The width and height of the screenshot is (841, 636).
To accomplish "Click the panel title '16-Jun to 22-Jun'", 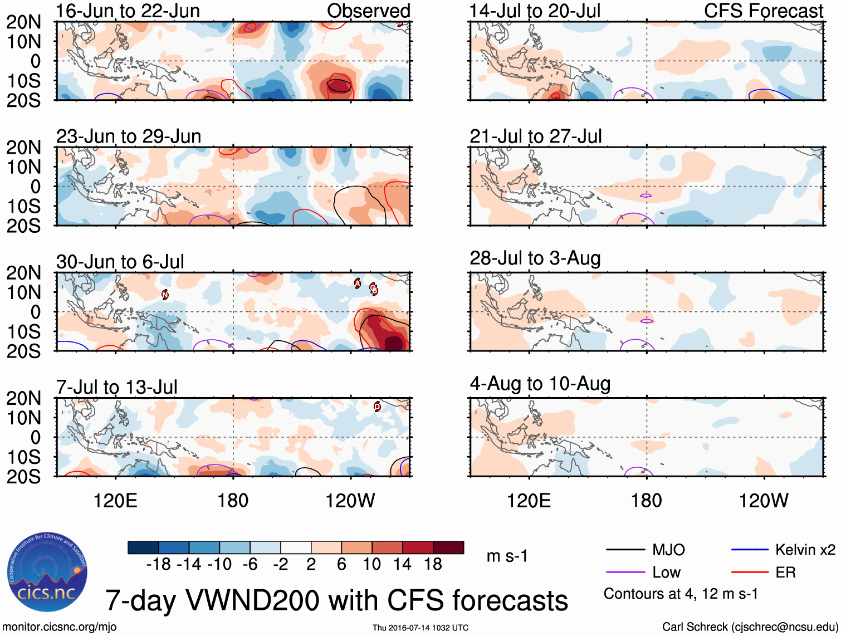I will tap(128, 11).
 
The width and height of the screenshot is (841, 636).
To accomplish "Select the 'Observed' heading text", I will tap(368, 11).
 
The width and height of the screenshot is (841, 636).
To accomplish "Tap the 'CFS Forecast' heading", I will tap(763, 11).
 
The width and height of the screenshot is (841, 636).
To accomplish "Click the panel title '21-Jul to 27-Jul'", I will tap(535, 136).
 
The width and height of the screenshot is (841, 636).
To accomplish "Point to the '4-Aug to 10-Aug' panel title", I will tap(540, 384).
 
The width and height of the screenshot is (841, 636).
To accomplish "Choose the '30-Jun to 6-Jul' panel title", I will tap(120, 262).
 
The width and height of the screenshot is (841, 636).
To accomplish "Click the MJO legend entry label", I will tap(668, 550).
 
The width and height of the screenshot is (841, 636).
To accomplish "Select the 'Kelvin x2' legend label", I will tap(805, 550).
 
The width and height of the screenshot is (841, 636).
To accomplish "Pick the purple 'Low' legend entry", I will tap(666, 573).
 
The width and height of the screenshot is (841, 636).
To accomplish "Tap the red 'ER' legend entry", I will tap(785, 573).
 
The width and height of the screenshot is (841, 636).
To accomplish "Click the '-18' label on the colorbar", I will tap(159, 565).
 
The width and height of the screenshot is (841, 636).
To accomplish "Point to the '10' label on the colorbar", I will tap(371, 565).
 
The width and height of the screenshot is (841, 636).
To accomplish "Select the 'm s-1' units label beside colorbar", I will tap(507, 556).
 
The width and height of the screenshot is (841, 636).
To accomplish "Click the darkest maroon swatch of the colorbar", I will tap(448, 547).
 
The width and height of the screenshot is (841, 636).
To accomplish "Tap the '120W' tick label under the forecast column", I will tap(763, 501).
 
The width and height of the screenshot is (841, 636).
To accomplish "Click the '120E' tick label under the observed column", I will tap(115, 501).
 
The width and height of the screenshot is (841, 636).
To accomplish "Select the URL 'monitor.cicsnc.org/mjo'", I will tap(60, 627).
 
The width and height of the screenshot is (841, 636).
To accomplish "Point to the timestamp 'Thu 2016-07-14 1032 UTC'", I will tap(420, 628).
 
